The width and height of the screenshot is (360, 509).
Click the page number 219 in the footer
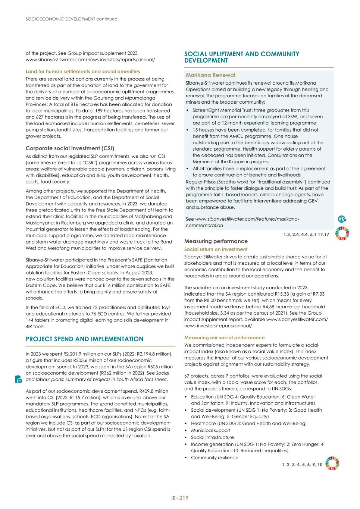pos(184,497)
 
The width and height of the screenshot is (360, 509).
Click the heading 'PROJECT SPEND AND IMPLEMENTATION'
pos(84,339)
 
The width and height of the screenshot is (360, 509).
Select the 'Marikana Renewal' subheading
pos(210,75)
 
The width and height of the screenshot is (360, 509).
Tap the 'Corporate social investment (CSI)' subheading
pos(70,148)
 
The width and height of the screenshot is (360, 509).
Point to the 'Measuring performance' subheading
pos(216,241)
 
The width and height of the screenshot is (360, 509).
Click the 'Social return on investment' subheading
pos(216,249)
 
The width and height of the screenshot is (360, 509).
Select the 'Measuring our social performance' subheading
pos(224,337)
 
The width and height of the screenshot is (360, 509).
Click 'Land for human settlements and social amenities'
pos(83,71)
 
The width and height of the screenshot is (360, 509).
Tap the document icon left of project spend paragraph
pos(19,379)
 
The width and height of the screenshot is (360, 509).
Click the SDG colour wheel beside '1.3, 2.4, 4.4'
pos(342,233)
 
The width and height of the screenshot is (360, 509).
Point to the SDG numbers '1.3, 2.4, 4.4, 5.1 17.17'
pos(306,234)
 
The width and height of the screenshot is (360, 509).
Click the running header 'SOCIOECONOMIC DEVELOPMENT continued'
pos(72,19)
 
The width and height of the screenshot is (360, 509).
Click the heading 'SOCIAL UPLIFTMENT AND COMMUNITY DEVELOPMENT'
pos(242,57)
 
